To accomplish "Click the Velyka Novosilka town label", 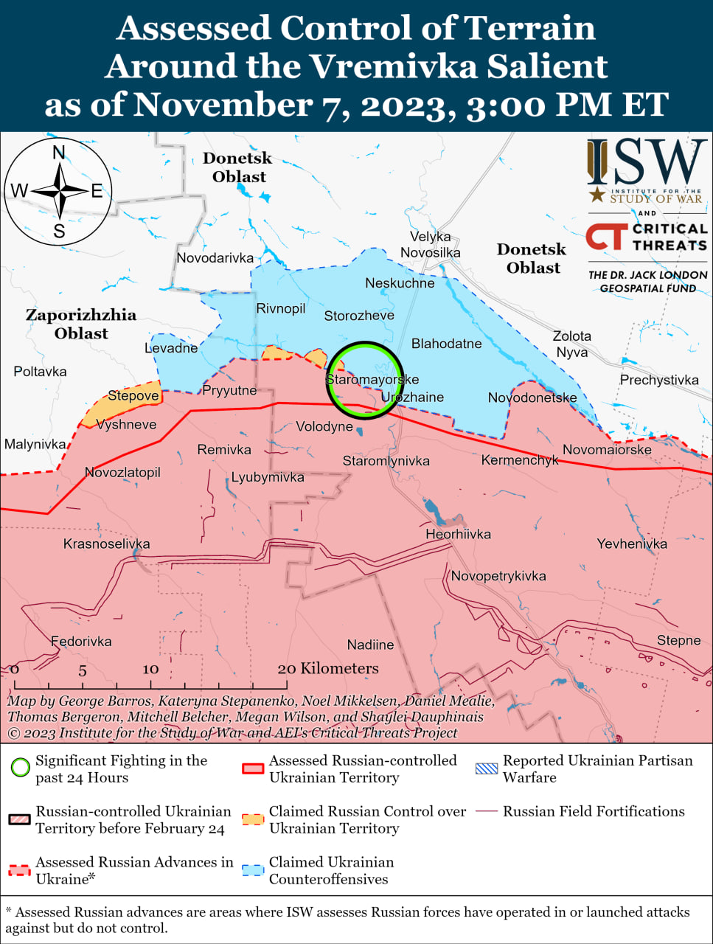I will (x=431, y=245).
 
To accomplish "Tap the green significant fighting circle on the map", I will (x=366, y=380).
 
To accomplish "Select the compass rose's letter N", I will (x=59, y=153).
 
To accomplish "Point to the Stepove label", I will (x=133, y=396).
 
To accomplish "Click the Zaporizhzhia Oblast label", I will (x=81, y=324).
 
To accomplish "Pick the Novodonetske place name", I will (x=532, y=398).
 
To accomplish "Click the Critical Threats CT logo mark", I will (x=607, y=237).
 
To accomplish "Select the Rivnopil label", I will (x=281, y=309).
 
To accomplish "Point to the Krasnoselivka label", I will (x=106, y=544).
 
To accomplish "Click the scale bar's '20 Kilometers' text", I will (x=328, y=669).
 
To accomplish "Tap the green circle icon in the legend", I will (x=21, y=768).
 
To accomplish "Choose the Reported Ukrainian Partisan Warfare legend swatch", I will (x=487, y=768).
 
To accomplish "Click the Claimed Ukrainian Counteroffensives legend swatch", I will (x=253, y=870).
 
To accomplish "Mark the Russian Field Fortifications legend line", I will (x=487, y=811).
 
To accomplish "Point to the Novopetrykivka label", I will (x=498, y=577).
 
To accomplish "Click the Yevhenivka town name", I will (x=632, y=544).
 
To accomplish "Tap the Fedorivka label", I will (x=81, y=642).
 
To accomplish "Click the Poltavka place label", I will (x=40, y=372).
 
